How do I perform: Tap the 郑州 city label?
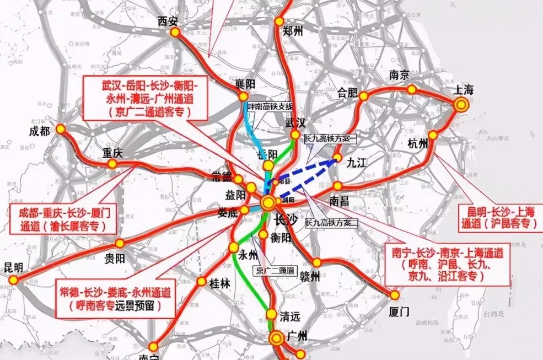click(293, 31)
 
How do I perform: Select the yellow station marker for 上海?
click(462, 104)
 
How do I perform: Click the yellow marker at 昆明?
click(13, 280)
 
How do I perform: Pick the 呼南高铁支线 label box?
click(270, 106)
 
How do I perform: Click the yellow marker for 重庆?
click(112, 164)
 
